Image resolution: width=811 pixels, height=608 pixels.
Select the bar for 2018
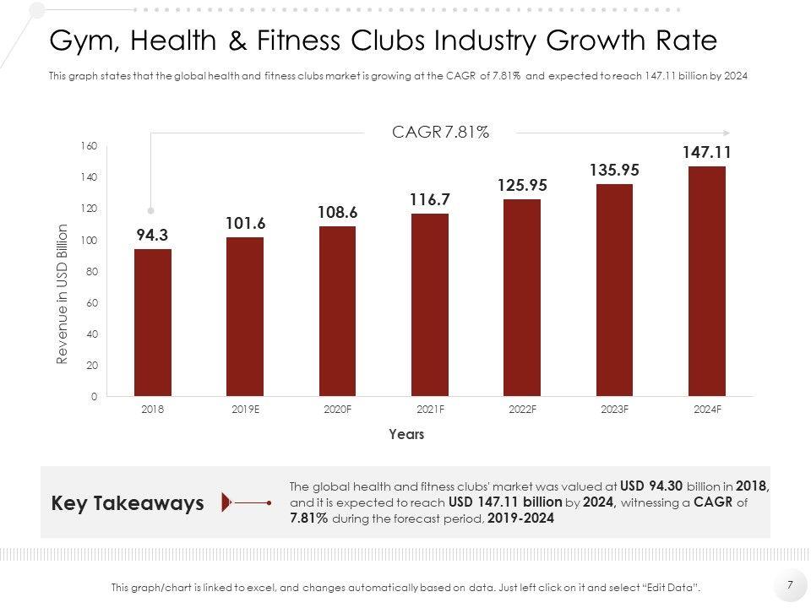153,323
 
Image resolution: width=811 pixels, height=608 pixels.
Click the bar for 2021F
430,305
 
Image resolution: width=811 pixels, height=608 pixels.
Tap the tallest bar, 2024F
707,281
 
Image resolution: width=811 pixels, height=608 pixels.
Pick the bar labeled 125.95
522,297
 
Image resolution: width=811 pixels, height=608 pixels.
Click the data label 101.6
245,224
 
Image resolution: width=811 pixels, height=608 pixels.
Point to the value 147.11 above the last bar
707,153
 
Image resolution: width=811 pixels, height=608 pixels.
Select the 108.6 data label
338,213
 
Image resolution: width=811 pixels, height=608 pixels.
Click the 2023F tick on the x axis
614,410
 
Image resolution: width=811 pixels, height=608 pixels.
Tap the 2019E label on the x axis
245,410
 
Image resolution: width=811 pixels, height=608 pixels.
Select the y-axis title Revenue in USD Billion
62,294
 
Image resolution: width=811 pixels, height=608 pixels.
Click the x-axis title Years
406,435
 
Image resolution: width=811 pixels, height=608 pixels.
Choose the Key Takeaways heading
128,503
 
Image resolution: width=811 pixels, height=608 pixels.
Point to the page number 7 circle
790,584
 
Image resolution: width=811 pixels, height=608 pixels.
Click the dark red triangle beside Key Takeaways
226,502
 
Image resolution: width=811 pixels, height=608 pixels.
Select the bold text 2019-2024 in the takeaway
521,519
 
